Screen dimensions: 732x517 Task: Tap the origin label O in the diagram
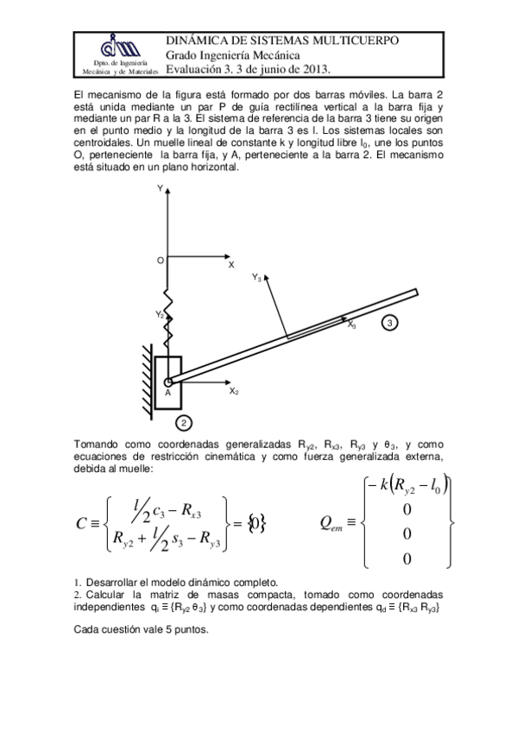[x=160, y=260]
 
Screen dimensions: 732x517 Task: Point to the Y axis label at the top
[x=161, y=187]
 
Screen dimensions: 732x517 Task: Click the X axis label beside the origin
[x=230, y=265]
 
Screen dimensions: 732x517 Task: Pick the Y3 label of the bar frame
[x=257, y=278]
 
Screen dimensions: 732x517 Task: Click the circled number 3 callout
[x=390, y=323]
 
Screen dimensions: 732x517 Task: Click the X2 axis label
[x=233, y=391]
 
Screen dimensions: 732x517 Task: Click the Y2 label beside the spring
[x=160, y=315]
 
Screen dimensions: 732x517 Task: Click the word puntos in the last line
[x=186, y=628]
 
